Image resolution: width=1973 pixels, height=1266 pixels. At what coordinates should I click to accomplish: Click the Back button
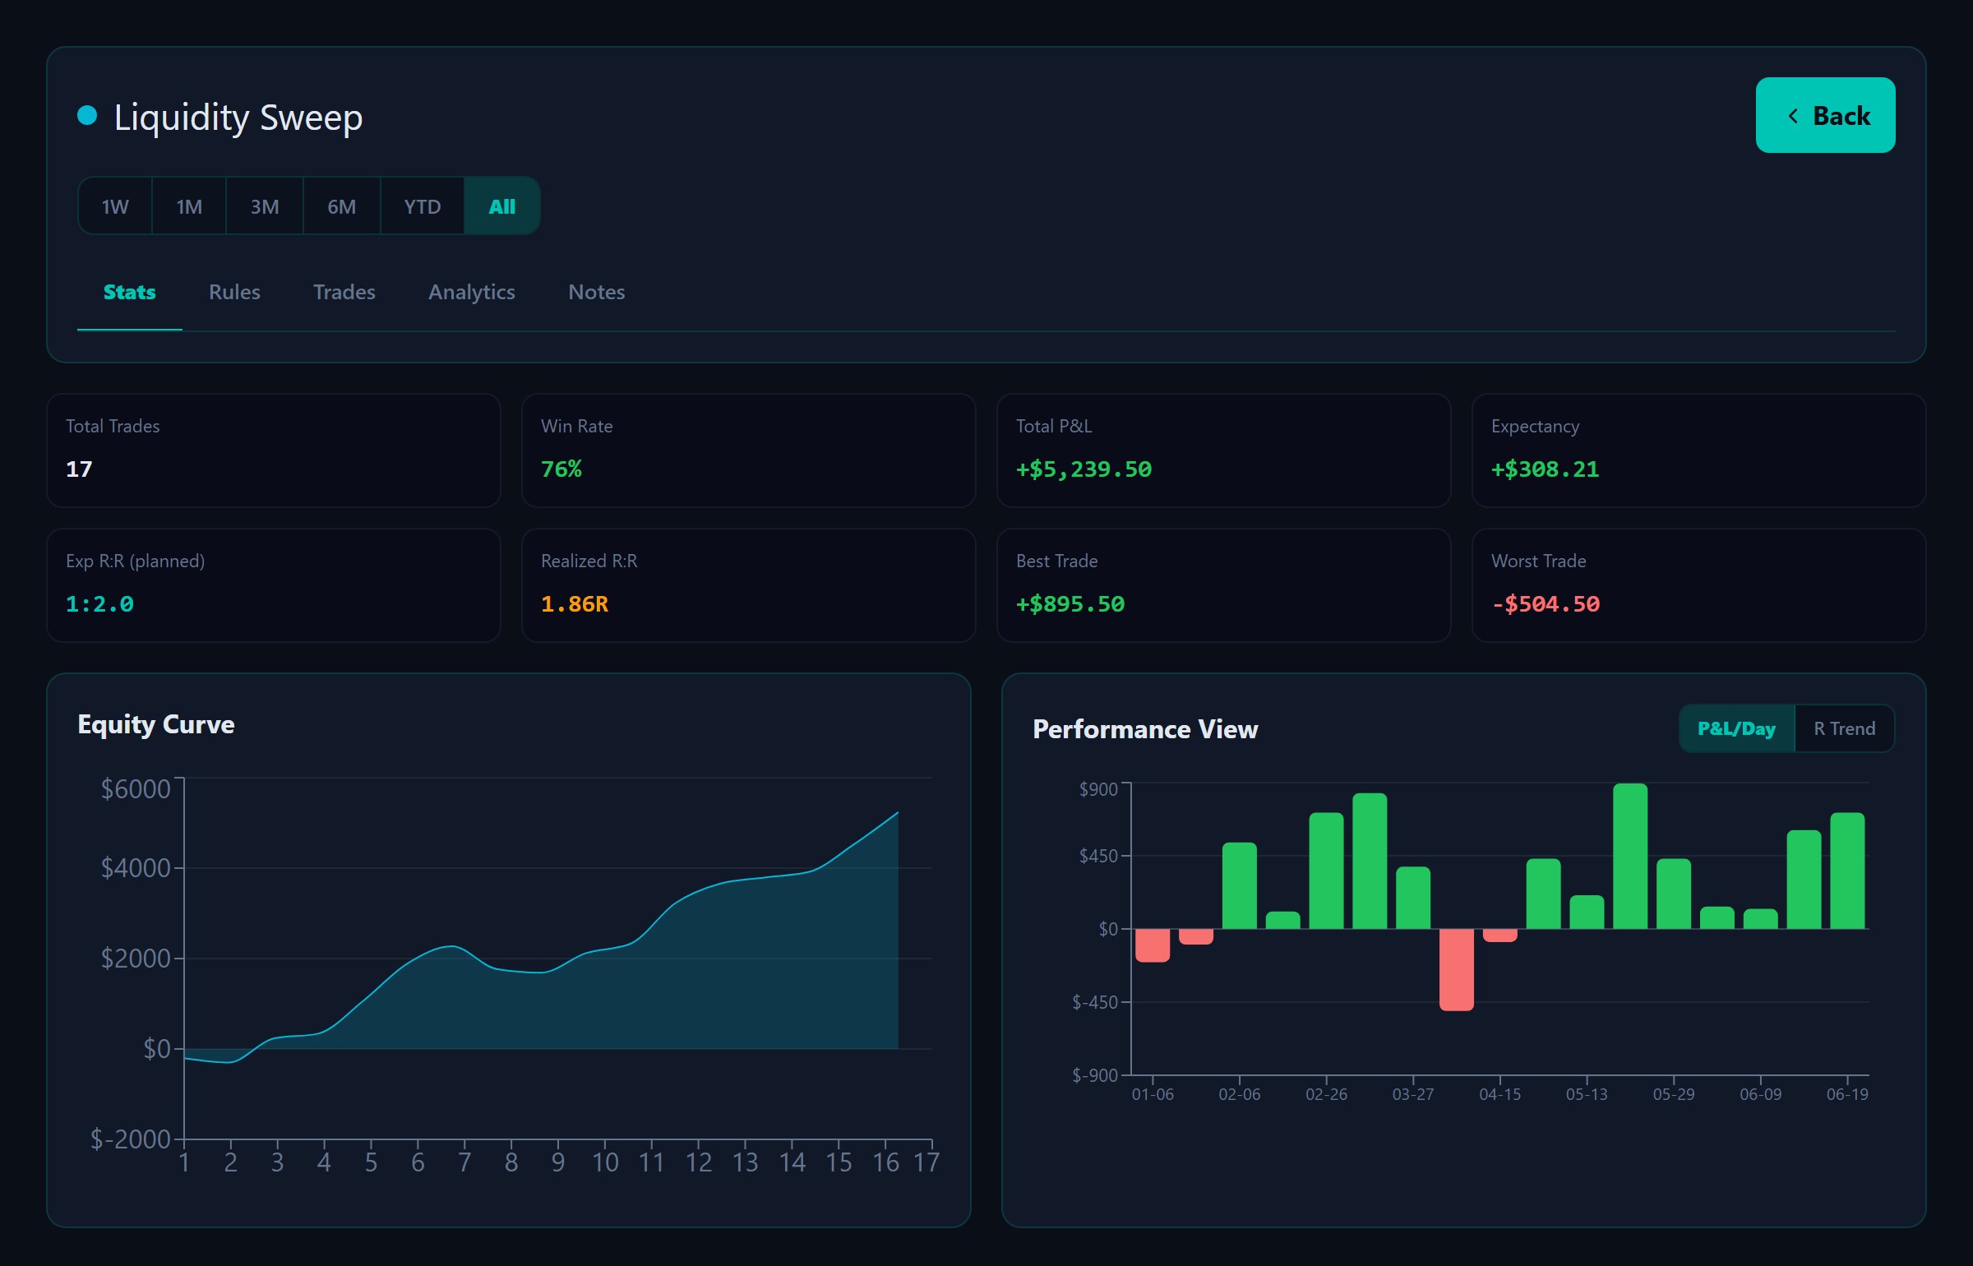coord(1825,115)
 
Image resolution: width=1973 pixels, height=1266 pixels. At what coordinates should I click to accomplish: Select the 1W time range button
coord(115,206)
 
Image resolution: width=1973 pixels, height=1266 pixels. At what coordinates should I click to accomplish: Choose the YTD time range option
coord(423,206)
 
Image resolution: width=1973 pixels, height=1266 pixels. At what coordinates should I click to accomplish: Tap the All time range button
coord(502,206)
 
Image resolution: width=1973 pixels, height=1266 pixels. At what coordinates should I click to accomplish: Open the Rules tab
coord(234,292)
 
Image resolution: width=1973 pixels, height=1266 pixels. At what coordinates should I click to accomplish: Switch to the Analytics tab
coord(472,293)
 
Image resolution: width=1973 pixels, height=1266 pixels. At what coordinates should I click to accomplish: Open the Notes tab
coord(597,292)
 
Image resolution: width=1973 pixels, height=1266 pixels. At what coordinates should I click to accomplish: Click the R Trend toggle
coord(1845,728)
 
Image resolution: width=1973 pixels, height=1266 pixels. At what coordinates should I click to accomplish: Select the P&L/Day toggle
coord(1737,728)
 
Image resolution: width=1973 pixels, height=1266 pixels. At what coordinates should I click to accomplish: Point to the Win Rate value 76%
coord(561,469)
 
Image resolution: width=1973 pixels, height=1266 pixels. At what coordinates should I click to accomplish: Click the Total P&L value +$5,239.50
coord(1084,469)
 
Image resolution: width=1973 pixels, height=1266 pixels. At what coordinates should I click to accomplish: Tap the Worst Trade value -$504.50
coord(1546,604)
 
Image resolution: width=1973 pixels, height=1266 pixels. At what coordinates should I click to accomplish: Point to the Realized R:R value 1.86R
coord(575,604)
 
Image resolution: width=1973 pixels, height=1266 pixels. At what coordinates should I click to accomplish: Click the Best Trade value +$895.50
coord(1070,604)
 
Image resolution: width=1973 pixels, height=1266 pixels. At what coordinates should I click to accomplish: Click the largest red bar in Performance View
coord(1457,970)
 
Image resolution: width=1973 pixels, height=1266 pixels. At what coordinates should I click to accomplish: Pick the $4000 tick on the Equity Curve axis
coord(136,868)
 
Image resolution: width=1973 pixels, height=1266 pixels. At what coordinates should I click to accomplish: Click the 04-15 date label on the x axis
coord(1500,1095)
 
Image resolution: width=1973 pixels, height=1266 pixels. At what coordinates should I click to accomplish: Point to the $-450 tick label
coord(1095,1002)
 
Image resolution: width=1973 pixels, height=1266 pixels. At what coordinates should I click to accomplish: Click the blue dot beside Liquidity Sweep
coord(87,115)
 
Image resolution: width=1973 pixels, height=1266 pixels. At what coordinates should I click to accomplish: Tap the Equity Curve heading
coord(156,724)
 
